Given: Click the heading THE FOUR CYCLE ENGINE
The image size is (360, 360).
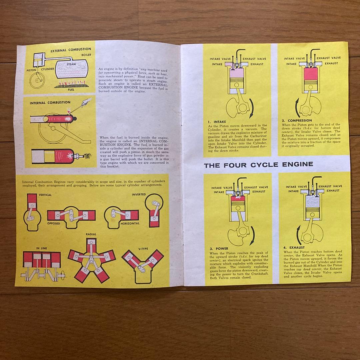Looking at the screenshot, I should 258,164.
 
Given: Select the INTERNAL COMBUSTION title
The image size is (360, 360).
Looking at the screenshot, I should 50,103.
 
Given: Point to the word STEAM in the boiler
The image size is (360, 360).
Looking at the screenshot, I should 71,64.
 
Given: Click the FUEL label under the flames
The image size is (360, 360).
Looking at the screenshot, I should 71,89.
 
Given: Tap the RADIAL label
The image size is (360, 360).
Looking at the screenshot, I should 91,234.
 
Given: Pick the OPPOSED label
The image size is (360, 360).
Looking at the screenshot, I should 54,223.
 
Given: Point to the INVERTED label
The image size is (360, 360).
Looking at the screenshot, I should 139,194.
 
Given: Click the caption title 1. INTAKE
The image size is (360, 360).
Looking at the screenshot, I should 217,122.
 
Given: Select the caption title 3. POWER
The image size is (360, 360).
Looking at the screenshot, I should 219,249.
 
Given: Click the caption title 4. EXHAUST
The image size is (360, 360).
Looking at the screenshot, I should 294,248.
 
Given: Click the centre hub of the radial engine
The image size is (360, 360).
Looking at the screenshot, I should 91,258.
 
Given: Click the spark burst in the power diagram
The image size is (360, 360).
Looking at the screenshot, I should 238,198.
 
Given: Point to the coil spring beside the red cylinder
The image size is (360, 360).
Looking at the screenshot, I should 87,156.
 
